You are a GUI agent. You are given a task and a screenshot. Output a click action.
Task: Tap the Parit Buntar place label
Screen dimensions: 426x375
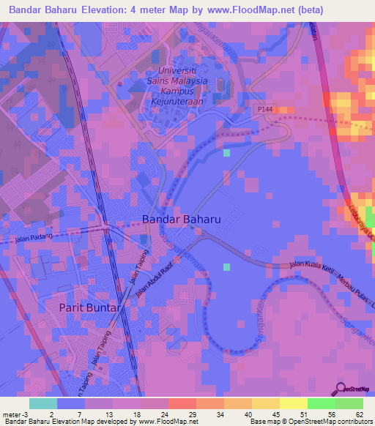tap(89, 308)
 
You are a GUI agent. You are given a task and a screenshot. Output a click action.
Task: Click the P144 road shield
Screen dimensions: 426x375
tap(265, 109)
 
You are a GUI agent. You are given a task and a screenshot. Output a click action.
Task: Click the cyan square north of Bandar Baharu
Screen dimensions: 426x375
tap(226, 152)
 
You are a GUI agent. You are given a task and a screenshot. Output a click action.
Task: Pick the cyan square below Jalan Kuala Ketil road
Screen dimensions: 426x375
tap(226, 266)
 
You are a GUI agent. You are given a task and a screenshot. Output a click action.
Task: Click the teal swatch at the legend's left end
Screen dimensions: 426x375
tap(42, 403)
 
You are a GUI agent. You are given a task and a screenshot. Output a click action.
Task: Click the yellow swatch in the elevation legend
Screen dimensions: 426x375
tap(293, 403)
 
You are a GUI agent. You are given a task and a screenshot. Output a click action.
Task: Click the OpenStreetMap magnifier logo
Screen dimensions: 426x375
tap(341, 388)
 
